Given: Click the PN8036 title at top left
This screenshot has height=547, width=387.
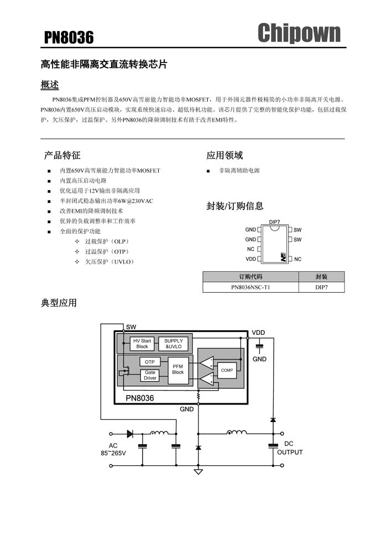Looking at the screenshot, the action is (69, 38).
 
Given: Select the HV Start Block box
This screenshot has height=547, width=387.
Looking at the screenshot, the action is (142, 344).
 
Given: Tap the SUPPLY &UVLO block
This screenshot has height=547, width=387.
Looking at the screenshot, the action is (174, 344).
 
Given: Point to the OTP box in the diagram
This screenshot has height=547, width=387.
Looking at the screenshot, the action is (150, 362).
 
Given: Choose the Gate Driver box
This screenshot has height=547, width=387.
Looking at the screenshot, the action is (150, 375).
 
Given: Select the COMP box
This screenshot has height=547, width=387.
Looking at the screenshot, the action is (227, 370).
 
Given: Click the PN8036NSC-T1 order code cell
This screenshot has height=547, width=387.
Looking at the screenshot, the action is (250, 287).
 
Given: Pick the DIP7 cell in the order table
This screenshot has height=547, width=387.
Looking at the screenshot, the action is (321, 287).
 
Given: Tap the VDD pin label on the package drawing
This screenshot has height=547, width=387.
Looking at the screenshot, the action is (251, 259).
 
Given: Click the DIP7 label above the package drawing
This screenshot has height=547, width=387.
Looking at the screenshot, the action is (274, 222).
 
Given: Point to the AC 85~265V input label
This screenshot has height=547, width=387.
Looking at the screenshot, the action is (113, 449).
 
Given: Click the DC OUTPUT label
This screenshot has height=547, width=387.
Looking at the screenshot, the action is (290, 448).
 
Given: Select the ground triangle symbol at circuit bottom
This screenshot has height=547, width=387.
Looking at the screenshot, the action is (198, 472).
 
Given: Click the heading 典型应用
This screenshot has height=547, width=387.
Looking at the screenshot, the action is (59, 303).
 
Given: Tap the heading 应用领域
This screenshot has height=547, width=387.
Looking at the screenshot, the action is (224, 155).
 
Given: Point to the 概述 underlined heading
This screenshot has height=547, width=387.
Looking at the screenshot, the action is (50, 85).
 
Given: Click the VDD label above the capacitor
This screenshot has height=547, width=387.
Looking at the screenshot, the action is (258, 333).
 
